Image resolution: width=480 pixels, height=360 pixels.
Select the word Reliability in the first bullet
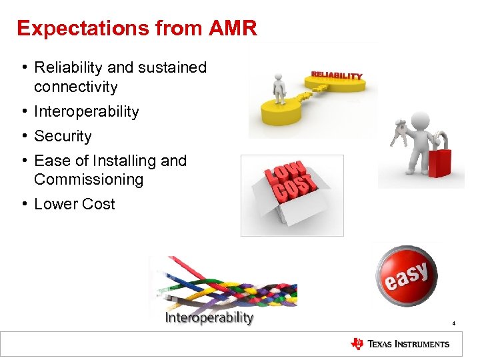tap(67, 68)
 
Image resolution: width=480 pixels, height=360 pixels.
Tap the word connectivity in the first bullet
tap(75, 87)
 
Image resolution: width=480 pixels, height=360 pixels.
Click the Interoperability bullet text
tap(86, 111)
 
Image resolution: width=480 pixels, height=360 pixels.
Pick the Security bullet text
tap(63, 136)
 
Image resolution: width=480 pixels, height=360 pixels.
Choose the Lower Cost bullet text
tap(74, 204)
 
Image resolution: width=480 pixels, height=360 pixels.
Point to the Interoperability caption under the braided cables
tap(209, 317)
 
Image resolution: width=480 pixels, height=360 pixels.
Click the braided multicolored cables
tap(227, 283)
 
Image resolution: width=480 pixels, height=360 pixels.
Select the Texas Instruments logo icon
tap(357, 344)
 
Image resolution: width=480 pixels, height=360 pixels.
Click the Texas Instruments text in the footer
tap(409, 344)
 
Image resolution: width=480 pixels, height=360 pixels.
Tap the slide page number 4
tap(453, 324)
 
